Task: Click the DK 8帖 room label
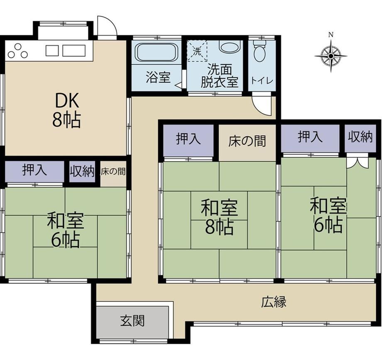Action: (x=66, y=110)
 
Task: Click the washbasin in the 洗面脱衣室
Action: (x=230, y=46)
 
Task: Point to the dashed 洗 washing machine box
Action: (x=197, y=51)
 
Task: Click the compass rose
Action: (x=331, y=56)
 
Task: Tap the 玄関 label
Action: (x=132, y=321)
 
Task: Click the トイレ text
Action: (x=262, y=81)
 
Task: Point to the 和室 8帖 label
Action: (x=219, y=217)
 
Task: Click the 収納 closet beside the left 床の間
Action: (x=82, y=171)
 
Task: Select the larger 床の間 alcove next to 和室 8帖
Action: (x=247, y=143)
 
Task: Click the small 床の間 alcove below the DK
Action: (x=113, y=174)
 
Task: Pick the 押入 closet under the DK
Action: (x=34, y=171)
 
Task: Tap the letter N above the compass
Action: (x=331, y=35)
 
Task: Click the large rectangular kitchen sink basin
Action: (x=74, y=51)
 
